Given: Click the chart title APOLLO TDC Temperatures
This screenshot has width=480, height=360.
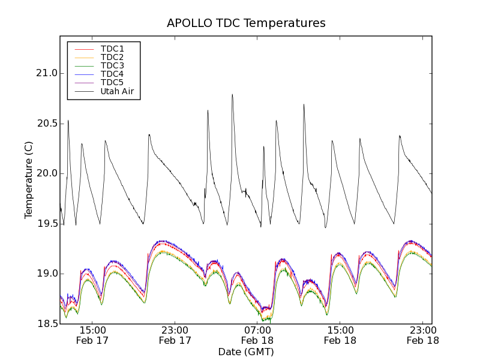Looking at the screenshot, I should (246, 23).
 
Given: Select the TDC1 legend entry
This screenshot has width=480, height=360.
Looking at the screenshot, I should (112, 49).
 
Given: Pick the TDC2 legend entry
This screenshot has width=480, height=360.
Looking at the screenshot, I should (112, 57).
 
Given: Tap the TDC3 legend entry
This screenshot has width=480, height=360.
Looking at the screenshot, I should (112, 65).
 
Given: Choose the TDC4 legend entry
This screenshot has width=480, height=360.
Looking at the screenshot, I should (112, 74).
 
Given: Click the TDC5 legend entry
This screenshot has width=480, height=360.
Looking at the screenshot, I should (112, 82).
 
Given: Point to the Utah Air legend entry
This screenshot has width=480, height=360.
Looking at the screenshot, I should (117, 91).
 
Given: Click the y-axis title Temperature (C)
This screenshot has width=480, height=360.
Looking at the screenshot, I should (29, 180).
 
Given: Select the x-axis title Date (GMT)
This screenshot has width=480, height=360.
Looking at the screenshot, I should (246, 352).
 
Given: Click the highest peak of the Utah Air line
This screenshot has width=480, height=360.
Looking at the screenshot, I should (232, 94).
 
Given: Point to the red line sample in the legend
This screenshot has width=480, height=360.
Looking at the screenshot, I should (84, 49).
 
